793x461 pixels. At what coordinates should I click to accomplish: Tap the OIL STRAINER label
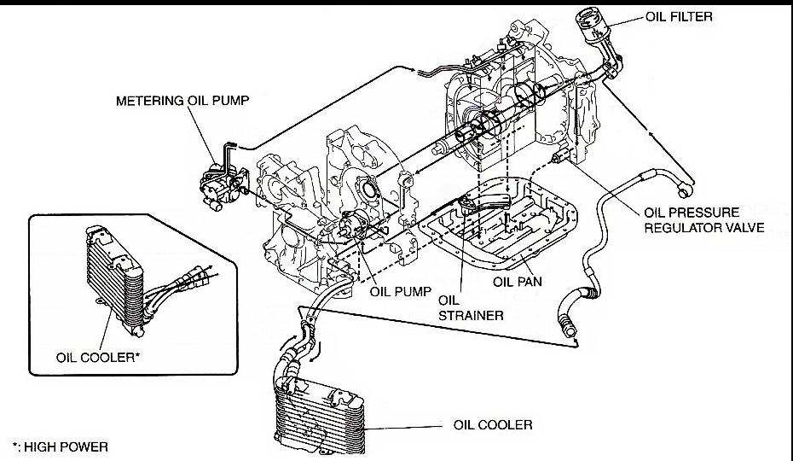[x=470, y=307]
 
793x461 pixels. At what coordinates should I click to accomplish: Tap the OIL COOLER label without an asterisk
[x=494, y=424]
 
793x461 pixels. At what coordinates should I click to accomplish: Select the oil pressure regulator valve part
[x=562, y=158]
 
